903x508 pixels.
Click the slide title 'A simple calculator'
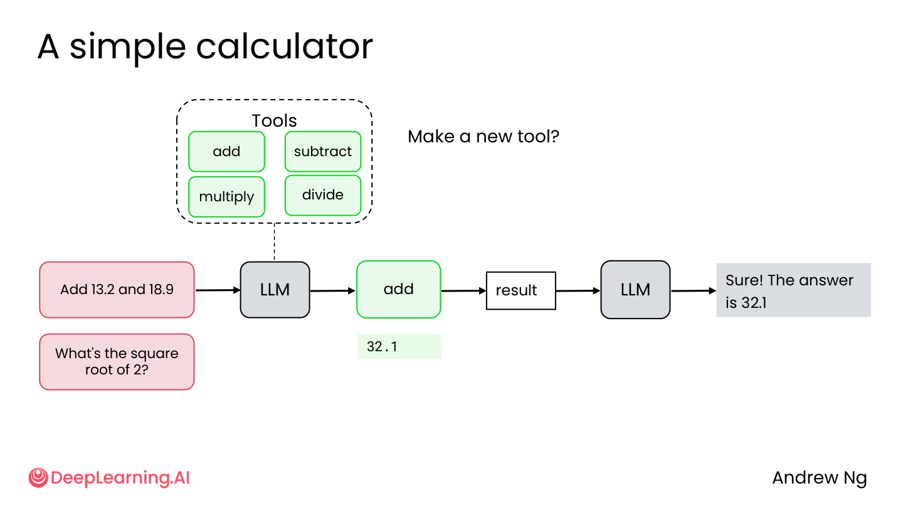pyautogui.click(x=205, y=48)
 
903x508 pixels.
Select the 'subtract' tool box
pyautogui.click(x=323, y=152)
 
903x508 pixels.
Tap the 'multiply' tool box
pyautogui.click(x=226, y=197)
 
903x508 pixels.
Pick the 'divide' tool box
pyautogui.click(x=323, y=195)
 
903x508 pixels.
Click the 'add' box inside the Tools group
pyautogui.click(x=226, y=152)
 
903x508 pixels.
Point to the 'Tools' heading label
pyautogui.click(x=274, y=120)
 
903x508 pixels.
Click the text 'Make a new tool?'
pyautogui.click(x=483, y=137)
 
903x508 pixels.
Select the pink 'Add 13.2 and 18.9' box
pyautogui.click(x=117, y=290)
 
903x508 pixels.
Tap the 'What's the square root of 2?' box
pyautogui.click(x=117, y=362)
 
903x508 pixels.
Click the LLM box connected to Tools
pyautogui.click(x=275, y=290)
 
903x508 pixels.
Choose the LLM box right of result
pyautogui.click(x=635, y=290)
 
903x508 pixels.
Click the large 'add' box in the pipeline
pyautogui.click(x=399, y=290)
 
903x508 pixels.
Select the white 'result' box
pyautogui.click(x=521, y=291)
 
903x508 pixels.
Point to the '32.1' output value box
pyautogui.click(x=399, y=346)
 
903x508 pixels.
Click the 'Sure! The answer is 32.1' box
pyautogui.click(x=793, y=290)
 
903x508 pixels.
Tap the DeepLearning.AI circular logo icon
pyautogui.click(x=38, y=478)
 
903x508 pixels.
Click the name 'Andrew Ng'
pyautogui.click(x=820, y=479)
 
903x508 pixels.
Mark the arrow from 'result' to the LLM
pyautogui.click(x=578, y=291)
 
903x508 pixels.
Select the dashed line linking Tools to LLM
pyautogui.click(x=275, y=242)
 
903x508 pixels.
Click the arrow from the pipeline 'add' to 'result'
pyautogui.click(x=463, y=291)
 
